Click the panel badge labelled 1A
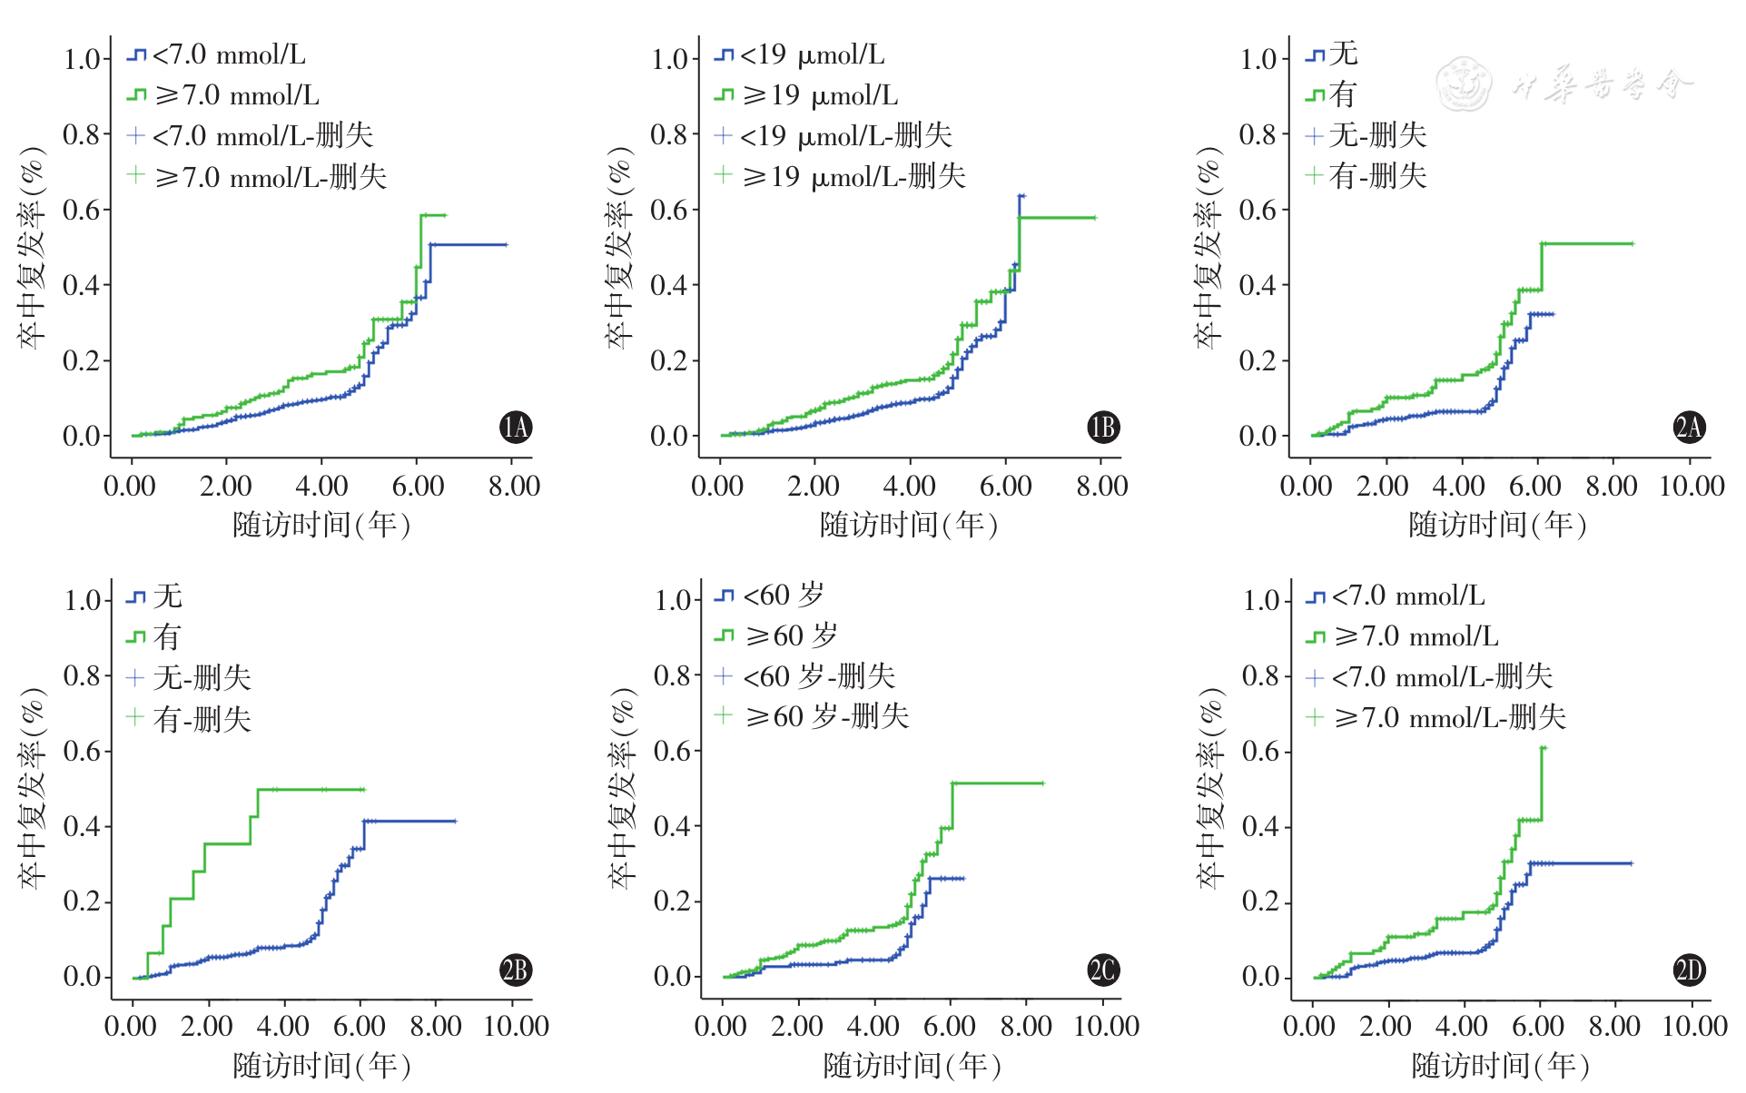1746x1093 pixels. [516, 427]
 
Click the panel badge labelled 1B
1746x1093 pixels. [1103, 427]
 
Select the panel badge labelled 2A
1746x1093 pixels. [1690, 427]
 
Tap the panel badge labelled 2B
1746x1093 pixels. [516, 970]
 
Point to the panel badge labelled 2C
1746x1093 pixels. [1103, 970]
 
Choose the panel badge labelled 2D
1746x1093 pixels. [1690, 970]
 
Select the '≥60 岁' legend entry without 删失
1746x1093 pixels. [791, 635]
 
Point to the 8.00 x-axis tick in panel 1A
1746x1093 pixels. [514, 486]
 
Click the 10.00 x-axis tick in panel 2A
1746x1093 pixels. [1692, 486]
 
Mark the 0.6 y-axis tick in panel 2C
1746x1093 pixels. [673, 751]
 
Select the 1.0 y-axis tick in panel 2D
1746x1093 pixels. [1262, 600]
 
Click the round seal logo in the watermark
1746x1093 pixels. [1464, 84]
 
